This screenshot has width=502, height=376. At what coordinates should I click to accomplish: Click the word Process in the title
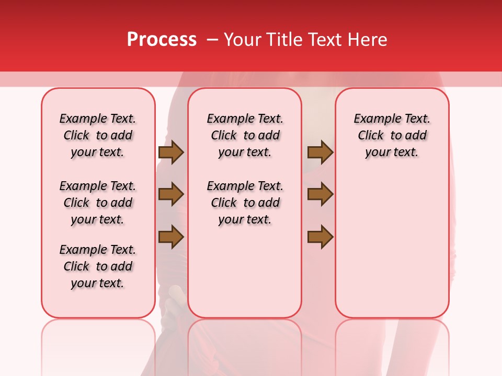(162, 40)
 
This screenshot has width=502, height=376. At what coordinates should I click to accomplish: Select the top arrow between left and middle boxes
(171, 152)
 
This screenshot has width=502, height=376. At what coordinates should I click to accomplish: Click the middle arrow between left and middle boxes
(171, 194)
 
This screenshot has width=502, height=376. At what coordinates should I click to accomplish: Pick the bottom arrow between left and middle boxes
(171, 237)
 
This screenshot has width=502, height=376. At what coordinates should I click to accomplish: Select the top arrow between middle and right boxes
(320, 152)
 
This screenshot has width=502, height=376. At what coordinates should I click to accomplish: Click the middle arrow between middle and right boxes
(320, 194)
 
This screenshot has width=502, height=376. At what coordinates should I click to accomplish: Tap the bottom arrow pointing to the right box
(320, 237)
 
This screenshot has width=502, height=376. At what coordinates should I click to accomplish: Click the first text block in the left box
(98, 135)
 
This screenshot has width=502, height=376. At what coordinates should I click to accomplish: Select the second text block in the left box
(98, 203)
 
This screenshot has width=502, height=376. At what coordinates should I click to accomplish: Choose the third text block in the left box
(98, 266)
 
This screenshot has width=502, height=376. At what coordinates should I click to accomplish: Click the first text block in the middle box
(245, 135)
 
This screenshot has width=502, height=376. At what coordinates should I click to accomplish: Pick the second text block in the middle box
(245, 203)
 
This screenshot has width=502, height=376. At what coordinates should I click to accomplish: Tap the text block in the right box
(392, 135)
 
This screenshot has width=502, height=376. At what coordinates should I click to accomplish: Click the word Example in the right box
(372, 119)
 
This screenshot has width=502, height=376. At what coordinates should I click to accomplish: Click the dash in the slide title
(212, 40)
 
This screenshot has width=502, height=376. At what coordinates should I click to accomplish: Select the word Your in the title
(242, 40)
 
